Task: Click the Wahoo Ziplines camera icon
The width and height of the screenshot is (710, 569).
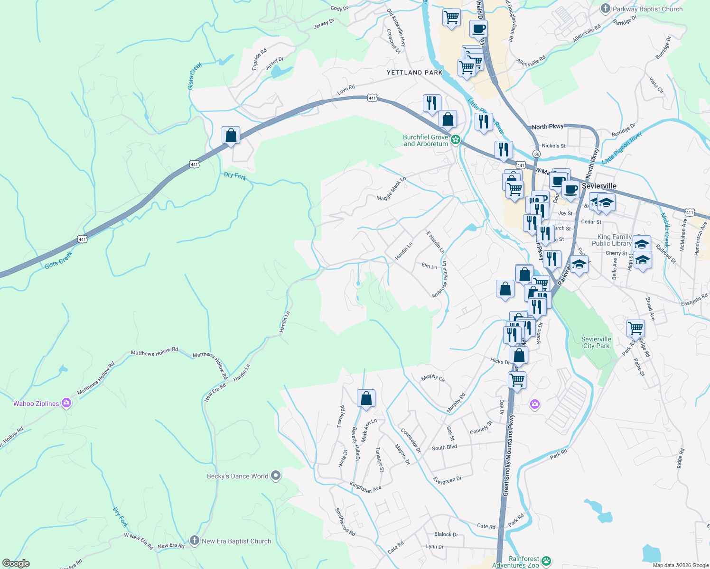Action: [66, 404]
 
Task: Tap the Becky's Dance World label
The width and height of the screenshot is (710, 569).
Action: [237, 476]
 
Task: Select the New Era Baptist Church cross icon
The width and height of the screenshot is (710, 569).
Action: [194, 541]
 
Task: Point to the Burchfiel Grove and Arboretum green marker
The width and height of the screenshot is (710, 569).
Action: [455, 139]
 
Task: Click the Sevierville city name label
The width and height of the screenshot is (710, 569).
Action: [599, 186]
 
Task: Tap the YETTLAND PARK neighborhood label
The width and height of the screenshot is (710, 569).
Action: [414, 73]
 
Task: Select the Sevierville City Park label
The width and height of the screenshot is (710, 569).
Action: [596, 342]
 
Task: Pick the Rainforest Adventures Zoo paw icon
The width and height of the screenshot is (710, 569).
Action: [546, 560]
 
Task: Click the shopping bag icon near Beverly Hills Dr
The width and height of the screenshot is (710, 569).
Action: [366, 399]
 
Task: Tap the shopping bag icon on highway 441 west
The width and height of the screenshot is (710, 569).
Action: [231, 135]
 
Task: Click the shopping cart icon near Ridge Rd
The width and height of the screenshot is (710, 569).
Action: [635, 328]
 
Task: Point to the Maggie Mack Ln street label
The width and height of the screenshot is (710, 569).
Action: [391, 189]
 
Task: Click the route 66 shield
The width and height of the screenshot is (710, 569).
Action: [536, 154]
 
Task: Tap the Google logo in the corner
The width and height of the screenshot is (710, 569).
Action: [16, 563]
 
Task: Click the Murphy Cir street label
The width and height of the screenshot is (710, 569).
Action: [433, 378]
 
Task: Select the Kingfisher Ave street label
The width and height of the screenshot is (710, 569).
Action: [365, 487]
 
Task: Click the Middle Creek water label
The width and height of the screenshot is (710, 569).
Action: [665, 230]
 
